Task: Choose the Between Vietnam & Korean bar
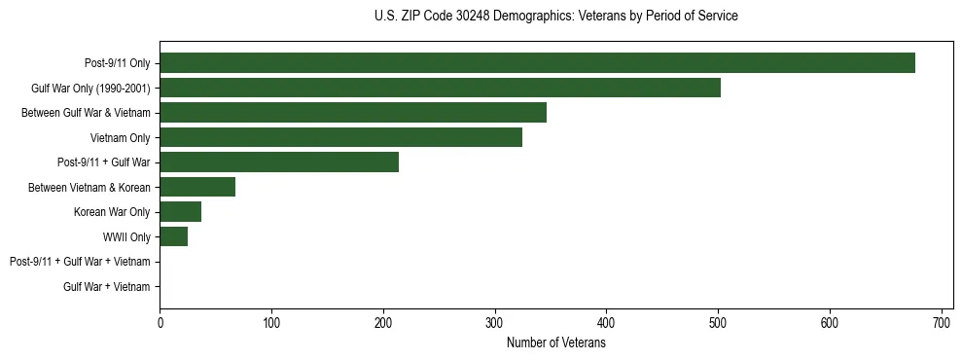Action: [197, 187]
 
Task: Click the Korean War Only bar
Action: [180, 212]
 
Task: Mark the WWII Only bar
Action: [173, 236]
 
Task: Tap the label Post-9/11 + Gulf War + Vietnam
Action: [80, 262]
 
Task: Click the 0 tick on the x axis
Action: [160, 322]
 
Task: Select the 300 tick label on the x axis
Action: [495, 322]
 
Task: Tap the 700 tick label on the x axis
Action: [942, 322]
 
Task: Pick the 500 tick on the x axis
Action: [718, 322]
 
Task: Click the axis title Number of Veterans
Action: [556, 342]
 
